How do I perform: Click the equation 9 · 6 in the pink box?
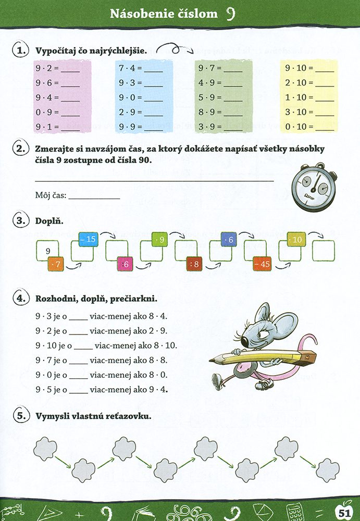click(x=45, y=83)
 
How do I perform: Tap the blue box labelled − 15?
click(x=88, y=239)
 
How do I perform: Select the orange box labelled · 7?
click(x=55, y=264)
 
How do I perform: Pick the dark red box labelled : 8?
click(x=195, y=264)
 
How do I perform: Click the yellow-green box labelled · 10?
click(x=296, y=240)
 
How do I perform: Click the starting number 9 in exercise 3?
click(x=48, y=251)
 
